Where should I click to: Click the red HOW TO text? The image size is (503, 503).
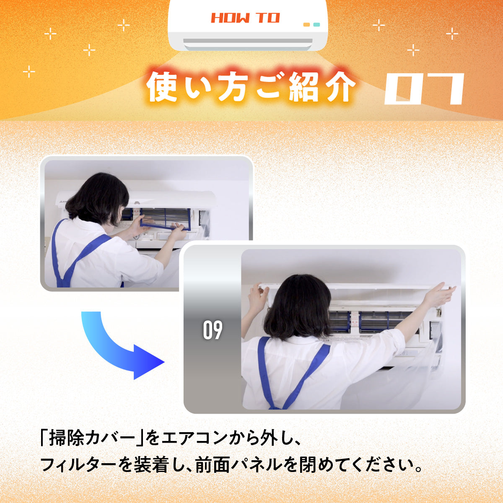245,18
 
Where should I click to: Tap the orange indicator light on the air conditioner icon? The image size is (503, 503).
306,25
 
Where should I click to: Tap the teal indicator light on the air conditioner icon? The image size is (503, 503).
316,25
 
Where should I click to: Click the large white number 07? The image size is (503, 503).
424,89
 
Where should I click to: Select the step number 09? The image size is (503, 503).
213,330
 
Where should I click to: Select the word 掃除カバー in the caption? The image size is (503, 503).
92,439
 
